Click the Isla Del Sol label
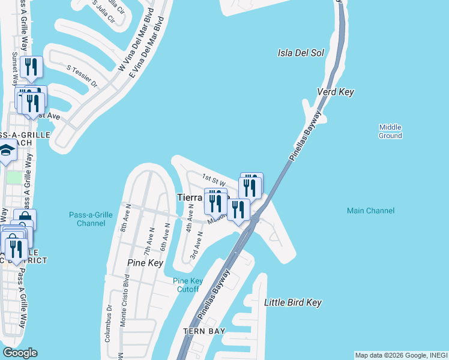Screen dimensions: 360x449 [301, 53]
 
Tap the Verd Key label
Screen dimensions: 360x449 [336, 92]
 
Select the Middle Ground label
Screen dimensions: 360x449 [390, 131]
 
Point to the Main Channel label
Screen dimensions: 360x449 [371, 211]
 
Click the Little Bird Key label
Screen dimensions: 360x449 [293, 302]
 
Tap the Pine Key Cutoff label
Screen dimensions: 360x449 [185, 285]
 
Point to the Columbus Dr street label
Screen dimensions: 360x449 [109, 314]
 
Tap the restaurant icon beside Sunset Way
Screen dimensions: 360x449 [30, 66]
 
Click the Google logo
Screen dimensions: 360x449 [19, 353]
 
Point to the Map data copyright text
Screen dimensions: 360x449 [401, 355]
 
